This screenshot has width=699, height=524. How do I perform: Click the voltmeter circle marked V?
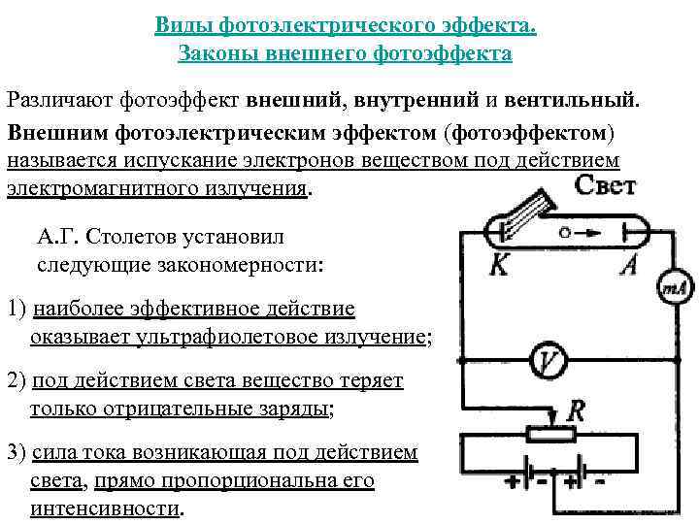pos(549,362)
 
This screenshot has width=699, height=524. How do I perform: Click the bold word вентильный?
pos(579,99)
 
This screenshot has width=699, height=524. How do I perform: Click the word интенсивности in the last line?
pos(105,508)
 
